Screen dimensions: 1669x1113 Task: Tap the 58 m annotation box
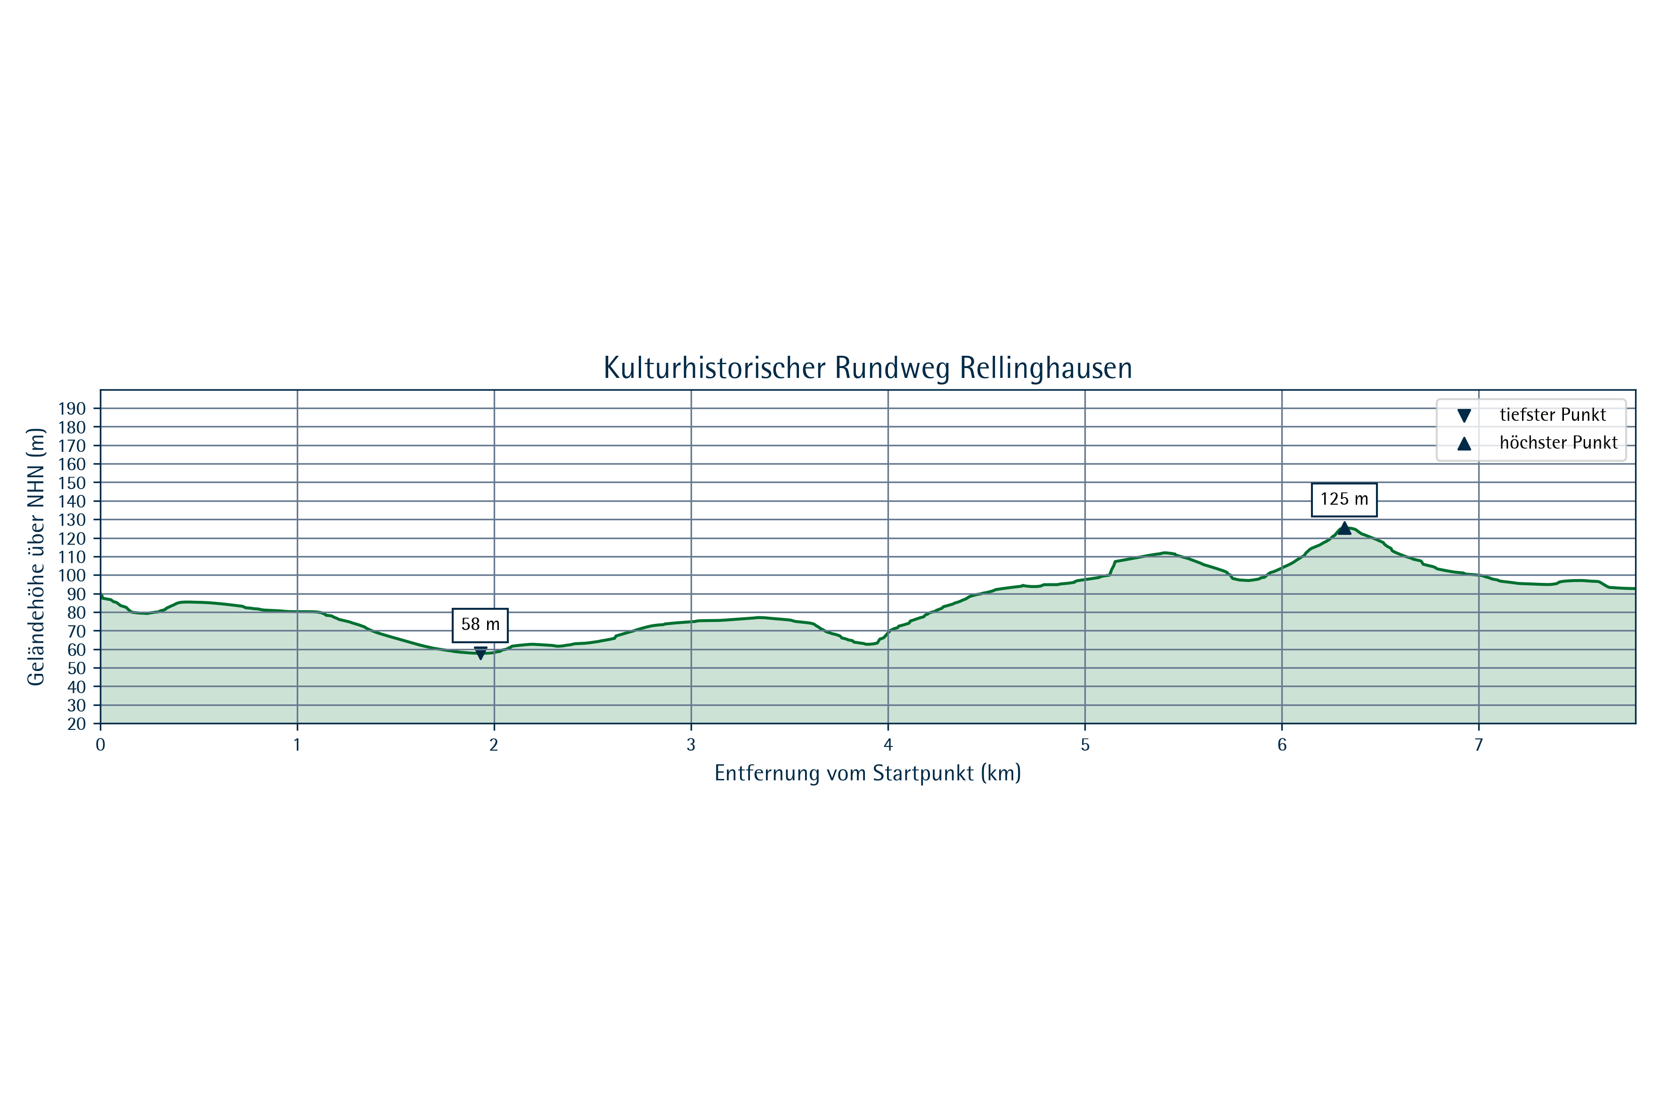coord(480,625)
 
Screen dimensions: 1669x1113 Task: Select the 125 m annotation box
coord(1344,499)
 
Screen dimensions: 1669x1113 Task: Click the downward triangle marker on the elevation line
coord(480,654)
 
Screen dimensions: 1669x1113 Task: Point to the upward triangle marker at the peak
coord(1344,527)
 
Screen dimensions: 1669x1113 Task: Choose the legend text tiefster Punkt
coord(1553,415)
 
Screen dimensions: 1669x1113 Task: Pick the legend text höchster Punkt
coord(1558,443)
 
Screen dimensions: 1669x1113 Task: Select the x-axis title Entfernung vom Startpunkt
coord(867,774)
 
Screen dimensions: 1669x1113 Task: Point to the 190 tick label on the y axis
coord(72,409)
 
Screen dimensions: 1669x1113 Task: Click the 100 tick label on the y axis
coord(72,576)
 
